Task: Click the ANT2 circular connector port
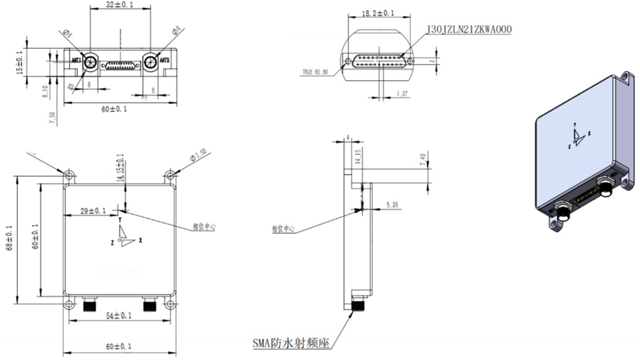point(152,62)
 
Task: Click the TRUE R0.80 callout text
point(315,72)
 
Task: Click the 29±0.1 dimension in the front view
point(93,210)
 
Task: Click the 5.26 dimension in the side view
point(393,205)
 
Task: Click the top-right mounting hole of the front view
point(171,175)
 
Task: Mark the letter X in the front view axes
point(140,241)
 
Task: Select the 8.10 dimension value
point(45,91)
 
